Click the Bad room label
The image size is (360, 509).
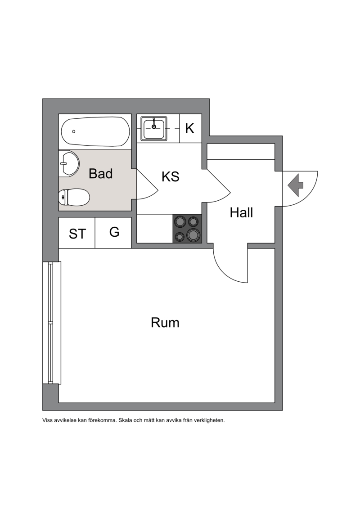[x=101, y=174]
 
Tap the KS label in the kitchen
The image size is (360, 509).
[x=171, y=176]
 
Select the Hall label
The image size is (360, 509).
[x=241, y=212]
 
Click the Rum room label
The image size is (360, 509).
[x=165, y=323]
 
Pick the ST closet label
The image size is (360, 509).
[x=77, y=234]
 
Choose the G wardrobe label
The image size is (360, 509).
[x=114, y=232]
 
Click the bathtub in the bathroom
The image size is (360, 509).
[x=95, y=131]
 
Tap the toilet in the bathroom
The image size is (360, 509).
[x=74, y=197]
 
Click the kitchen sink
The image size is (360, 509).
[x=154, y=129]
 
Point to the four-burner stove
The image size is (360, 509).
[x=187, y=229]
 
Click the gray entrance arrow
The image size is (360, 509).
[x=295, y=185]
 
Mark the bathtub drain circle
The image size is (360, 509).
[x=74, y=131]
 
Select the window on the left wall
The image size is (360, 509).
[x=51, y=323]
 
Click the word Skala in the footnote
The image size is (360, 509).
[x=125, y=420]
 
